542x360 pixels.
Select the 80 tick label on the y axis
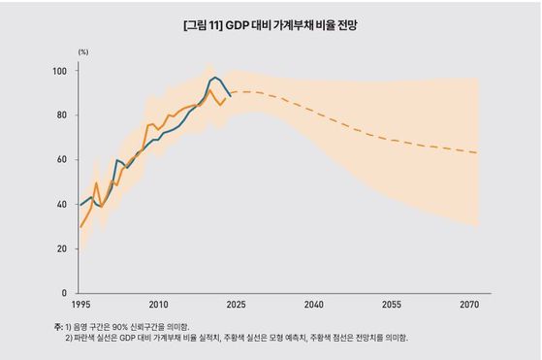point(60,115)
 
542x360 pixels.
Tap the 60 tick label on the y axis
point(60,160)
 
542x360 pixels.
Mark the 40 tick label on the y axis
point(60,205)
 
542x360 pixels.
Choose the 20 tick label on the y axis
point(60,248)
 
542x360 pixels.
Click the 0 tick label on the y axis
point(63,293)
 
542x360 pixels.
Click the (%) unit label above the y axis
point(84,53)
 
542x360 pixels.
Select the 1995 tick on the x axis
point(80,305)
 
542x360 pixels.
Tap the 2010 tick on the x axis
point(158,305)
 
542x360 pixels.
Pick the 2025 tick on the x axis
point(237,305)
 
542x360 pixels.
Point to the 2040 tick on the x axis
point(314,305)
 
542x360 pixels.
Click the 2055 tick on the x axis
point(392,305)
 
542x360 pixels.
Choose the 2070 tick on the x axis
point(469,305)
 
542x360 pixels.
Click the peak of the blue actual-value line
point(215,76)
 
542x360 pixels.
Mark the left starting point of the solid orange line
point(80,226)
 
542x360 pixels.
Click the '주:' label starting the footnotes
point(58,326)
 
